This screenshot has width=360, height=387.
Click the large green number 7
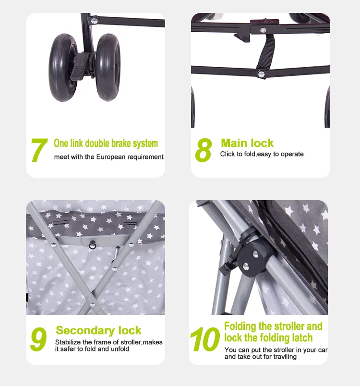click(39, 150)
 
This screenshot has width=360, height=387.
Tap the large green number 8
click(204, 150)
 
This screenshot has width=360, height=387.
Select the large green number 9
click(38, 339)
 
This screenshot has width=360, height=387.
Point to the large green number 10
click(205, 339)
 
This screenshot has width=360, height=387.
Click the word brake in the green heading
click(120, 144)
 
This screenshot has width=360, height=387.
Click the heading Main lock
click(247, 143)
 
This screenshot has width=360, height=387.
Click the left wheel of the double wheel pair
click(63, 67)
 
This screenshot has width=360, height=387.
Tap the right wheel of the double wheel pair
click(108, 67)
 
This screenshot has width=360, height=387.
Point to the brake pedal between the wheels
click(80, 67)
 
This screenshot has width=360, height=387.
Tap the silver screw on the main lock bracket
click(263, 30)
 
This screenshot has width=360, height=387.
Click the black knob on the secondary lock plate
click(93, 244)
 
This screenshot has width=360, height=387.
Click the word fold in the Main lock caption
click(250, 154)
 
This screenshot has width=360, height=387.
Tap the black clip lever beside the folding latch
click(228, 268)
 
